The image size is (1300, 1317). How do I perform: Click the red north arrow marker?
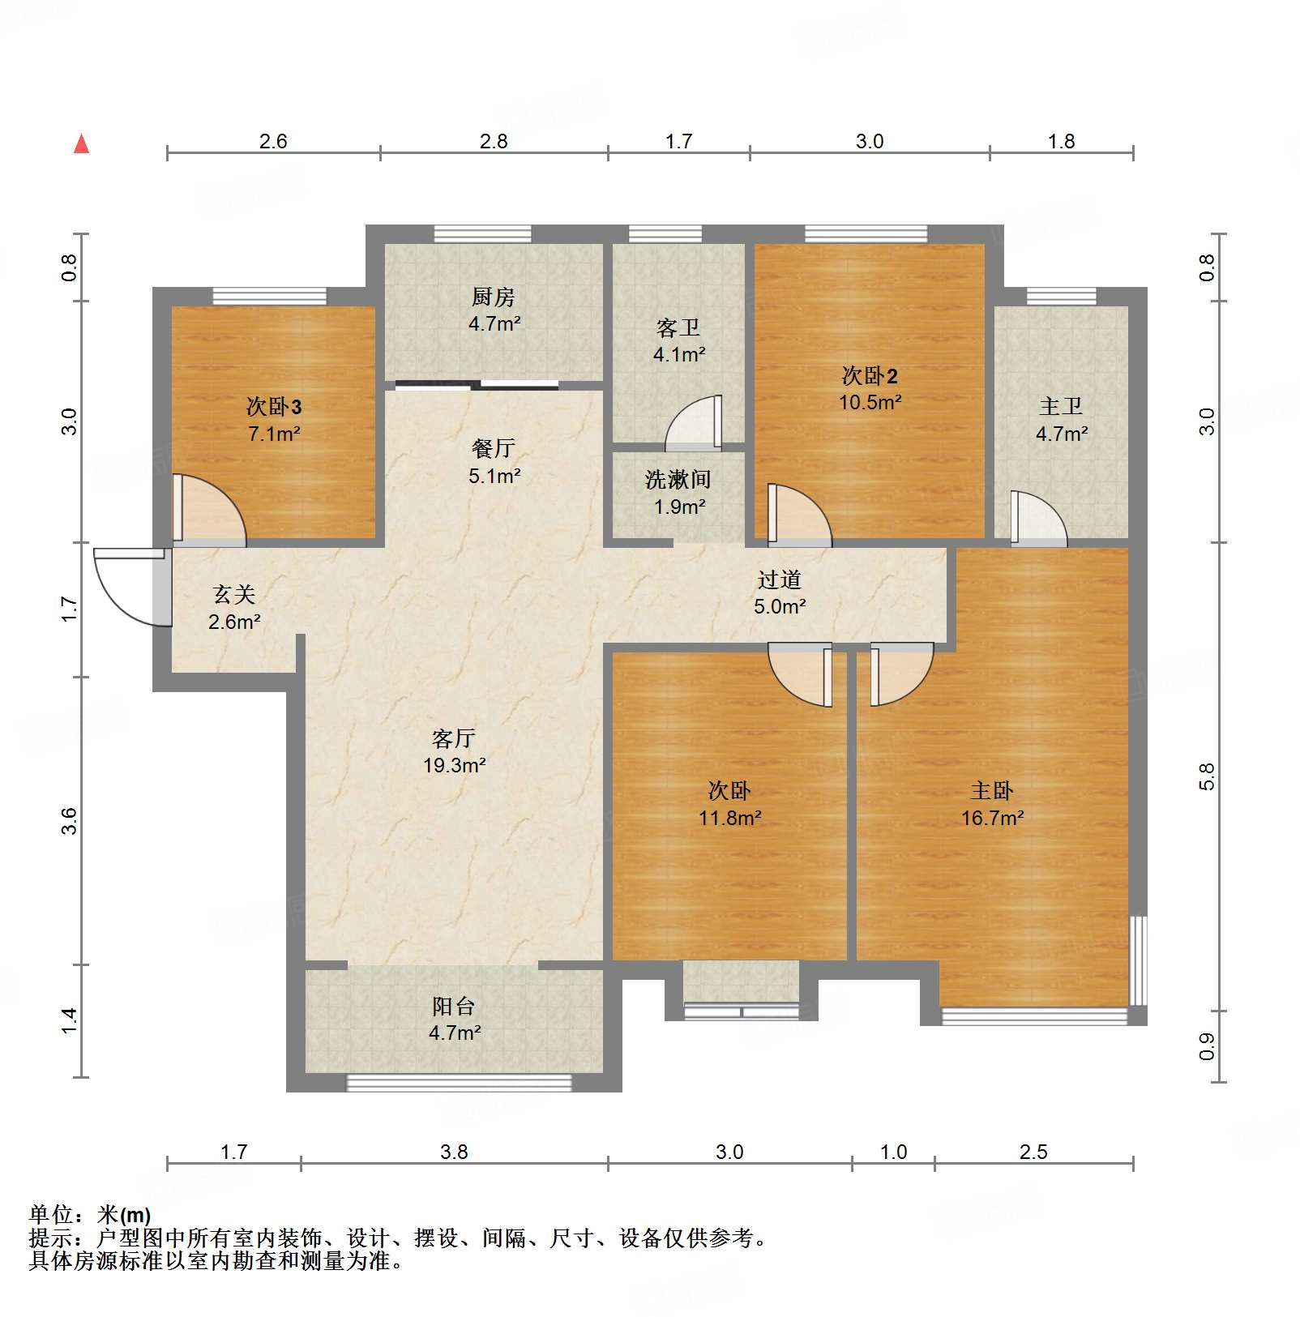(81, 144)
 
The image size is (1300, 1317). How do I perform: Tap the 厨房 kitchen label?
(493, 297)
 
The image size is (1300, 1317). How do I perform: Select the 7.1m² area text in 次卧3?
(274, 434)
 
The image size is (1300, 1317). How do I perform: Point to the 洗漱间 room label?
(678, 480)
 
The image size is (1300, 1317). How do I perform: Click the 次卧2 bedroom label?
(870, 376)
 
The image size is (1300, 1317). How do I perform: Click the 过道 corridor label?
(779, 579)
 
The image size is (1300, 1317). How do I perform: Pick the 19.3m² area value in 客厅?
(454, 765)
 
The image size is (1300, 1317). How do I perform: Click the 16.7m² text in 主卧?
(992, 818)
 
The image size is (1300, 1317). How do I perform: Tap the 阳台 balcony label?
(453, 1007)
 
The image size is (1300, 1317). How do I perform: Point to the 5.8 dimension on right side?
(1207, 776)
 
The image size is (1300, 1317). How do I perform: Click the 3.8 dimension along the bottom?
(454, 1152)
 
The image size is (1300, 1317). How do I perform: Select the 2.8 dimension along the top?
(493, 141)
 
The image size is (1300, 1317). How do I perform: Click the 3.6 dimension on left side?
(71, 820)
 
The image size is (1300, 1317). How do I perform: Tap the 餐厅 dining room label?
(493, 448)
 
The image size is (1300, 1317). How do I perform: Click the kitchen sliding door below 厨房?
(477, 385)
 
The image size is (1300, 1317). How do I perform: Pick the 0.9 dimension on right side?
(1207, 1045)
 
